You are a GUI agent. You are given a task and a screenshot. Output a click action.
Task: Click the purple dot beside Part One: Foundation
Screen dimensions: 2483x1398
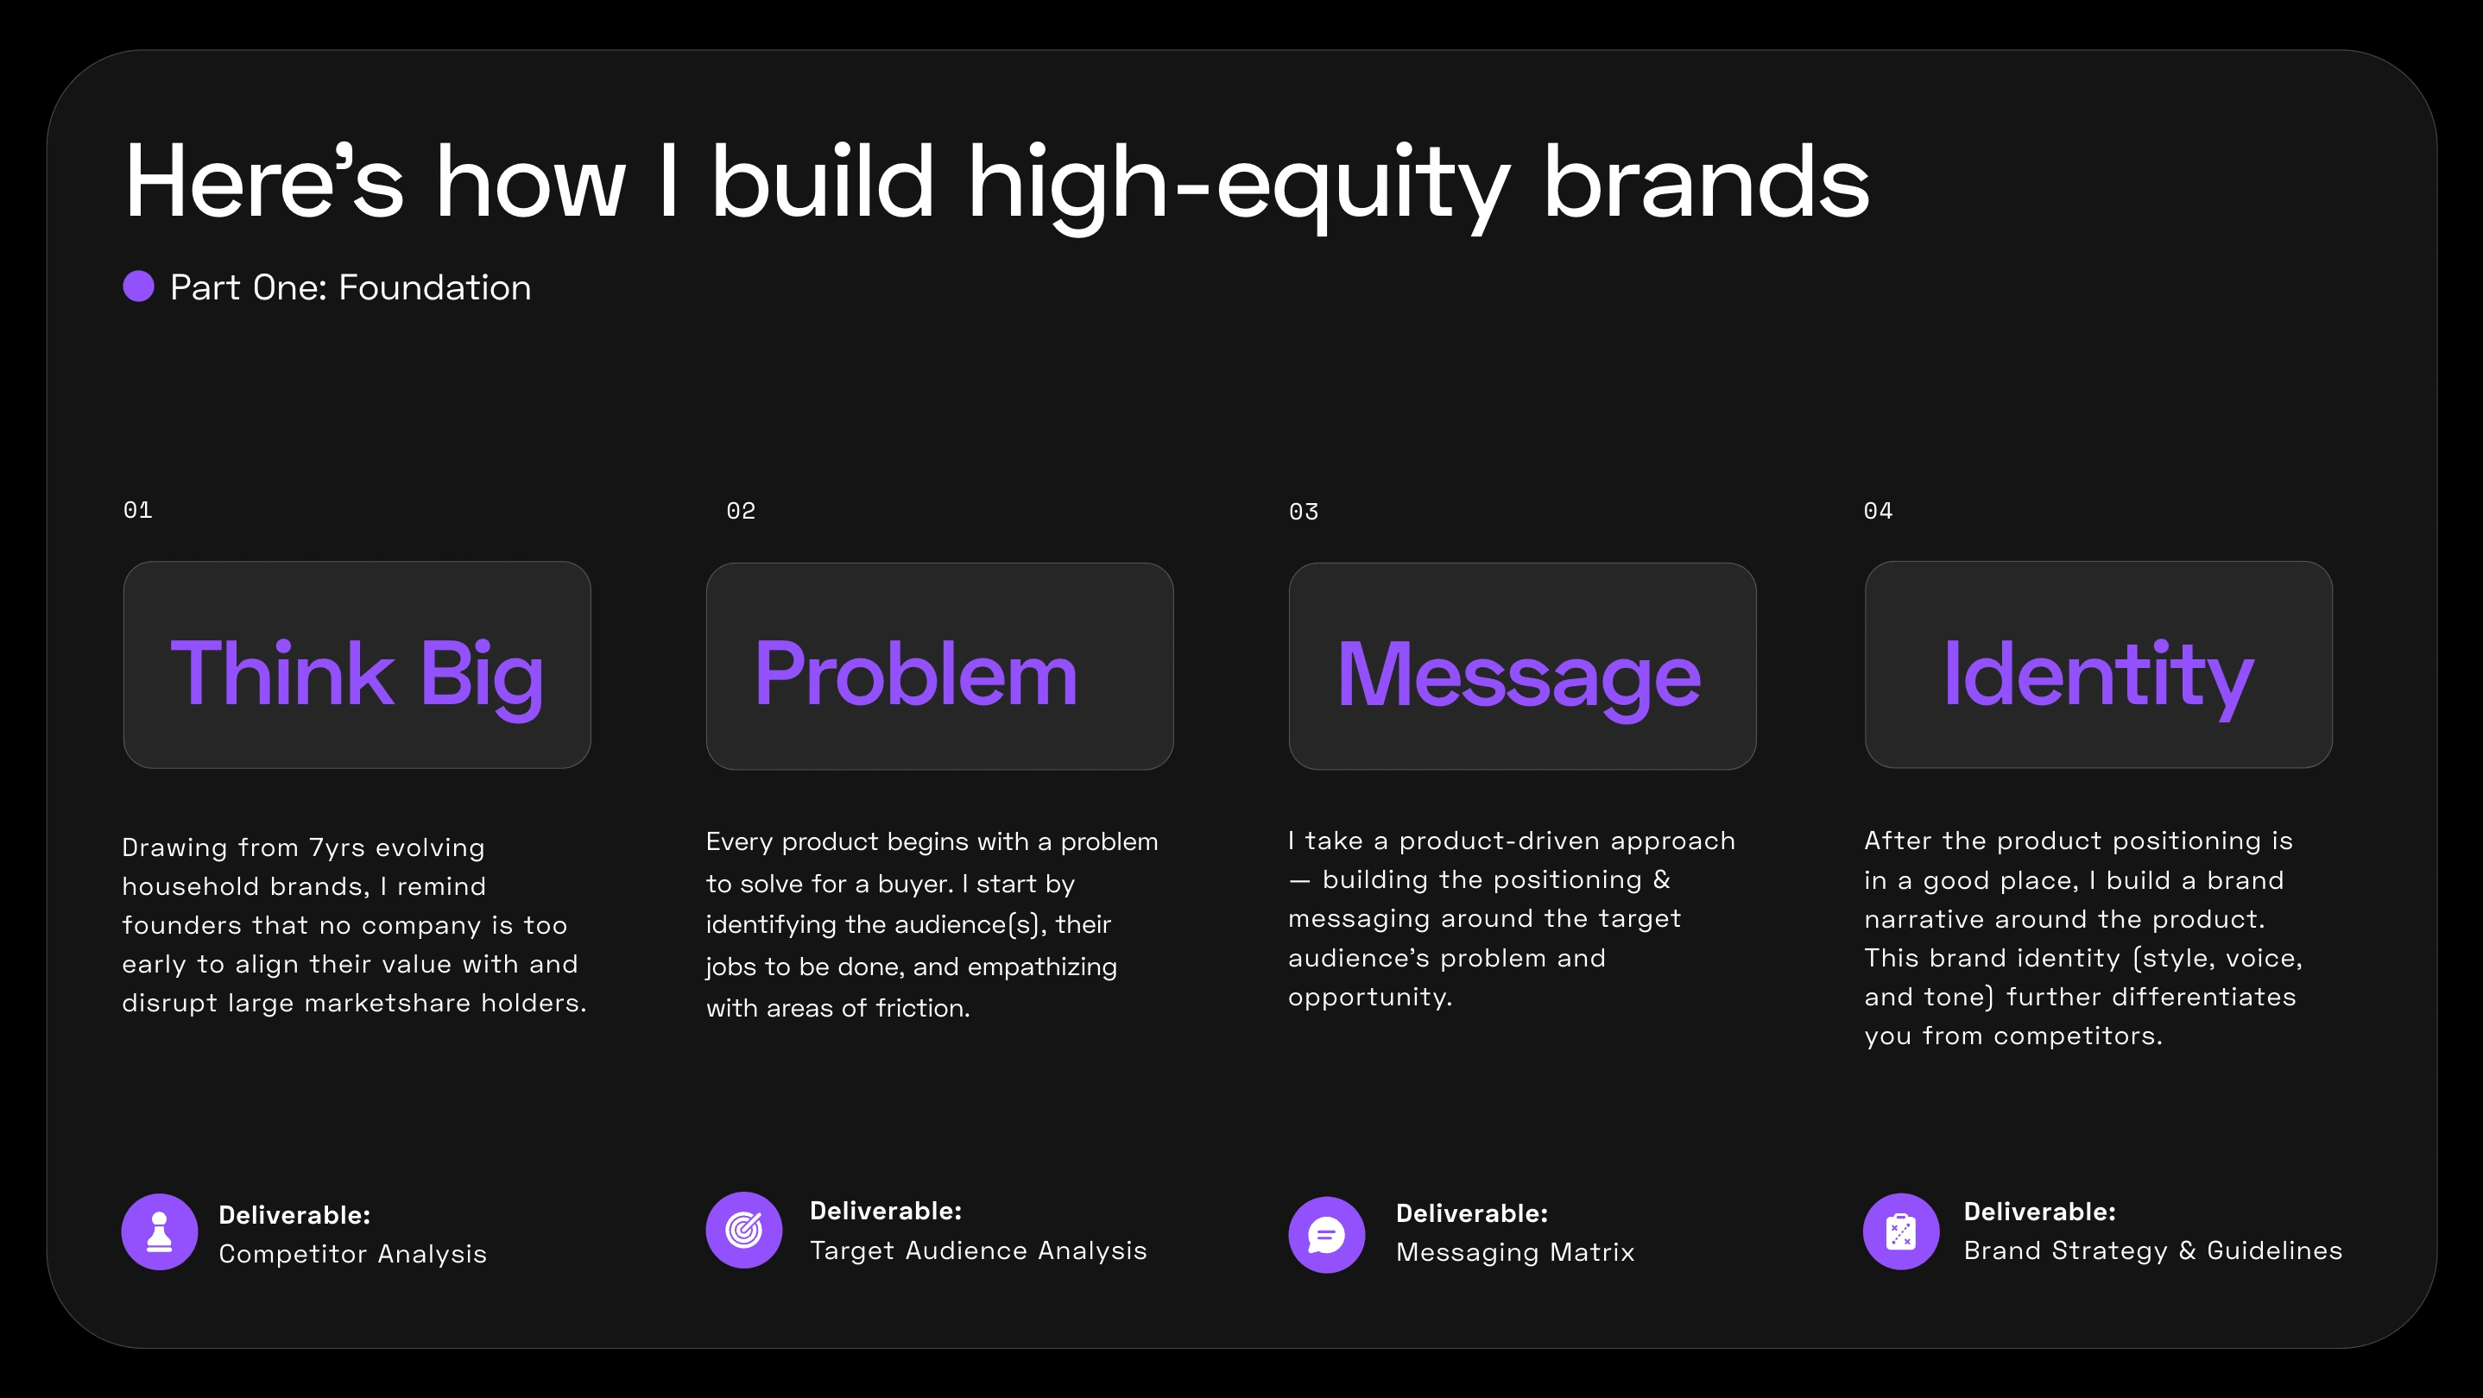coord(139,287)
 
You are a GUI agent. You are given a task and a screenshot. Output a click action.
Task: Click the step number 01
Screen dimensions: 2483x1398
coord(138,510)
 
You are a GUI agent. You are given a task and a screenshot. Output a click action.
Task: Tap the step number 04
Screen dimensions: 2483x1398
coord(1879,511)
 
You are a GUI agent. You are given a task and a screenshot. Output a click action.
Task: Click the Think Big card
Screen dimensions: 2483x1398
coord(357,664)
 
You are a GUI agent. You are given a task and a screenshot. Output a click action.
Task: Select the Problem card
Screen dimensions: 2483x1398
coord(940,665)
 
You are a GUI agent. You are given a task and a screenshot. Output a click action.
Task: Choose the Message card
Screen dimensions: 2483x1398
coord(1523,665)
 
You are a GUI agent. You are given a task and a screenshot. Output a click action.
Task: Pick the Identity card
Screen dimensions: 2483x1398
coord(2100,664)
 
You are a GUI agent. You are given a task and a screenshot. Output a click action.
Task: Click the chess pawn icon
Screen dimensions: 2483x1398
coord(160,1232)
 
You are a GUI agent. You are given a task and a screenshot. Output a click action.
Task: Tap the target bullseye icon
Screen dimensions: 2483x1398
coord(744,1231)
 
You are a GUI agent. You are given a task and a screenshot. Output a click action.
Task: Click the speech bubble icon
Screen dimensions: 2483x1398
coord(1327,1235)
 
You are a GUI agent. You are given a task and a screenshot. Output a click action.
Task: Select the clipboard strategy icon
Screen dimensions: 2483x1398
coord(1902,1232)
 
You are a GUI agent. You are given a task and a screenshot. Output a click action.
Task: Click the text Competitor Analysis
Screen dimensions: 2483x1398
coord(353,1254)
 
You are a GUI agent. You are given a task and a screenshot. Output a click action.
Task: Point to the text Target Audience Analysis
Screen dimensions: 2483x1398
coord(978,1250)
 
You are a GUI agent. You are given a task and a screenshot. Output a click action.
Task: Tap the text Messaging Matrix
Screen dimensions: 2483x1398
coord(1515,1252)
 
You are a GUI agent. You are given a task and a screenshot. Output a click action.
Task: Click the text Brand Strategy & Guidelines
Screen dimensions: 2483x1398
coord(2153,1250)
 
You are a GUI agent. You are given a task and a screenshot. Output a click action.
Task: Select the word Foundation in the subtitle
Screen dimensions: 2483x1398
coord(435,287)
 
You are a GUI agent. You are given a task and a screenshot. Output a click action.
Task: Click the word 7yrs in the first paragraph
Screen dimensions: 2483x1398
coord(338,847)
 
